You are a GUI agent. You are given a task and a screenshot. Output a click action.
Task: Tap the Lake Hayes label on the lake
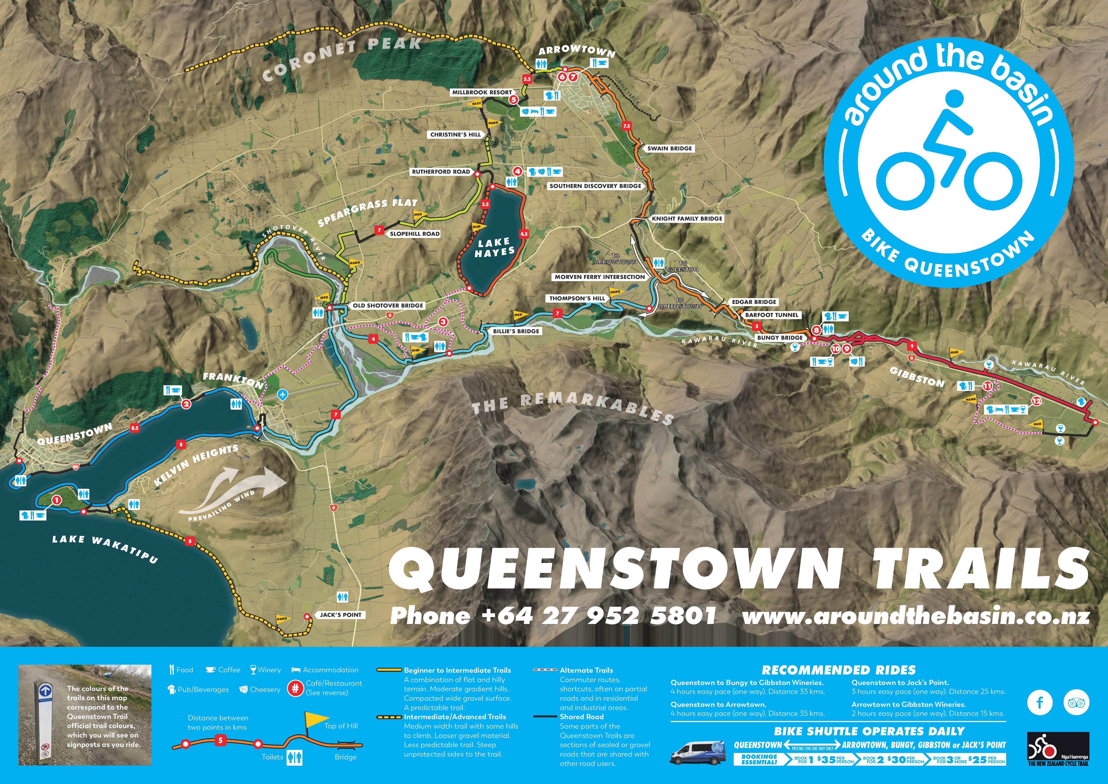(x=494, y=247)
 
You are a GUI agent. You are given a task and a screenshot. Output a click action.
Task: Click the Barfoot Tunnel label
(x=772, y=315)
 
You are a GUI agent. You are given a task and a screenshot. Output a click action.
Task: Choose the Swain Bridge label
(x=669, y=148)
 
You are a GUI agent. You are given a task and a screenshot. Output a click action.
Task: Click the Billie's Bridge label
(x=516, y=331)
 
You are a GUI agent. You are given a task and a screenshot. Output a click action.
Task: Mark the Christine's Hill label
(x=456, y=135)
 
